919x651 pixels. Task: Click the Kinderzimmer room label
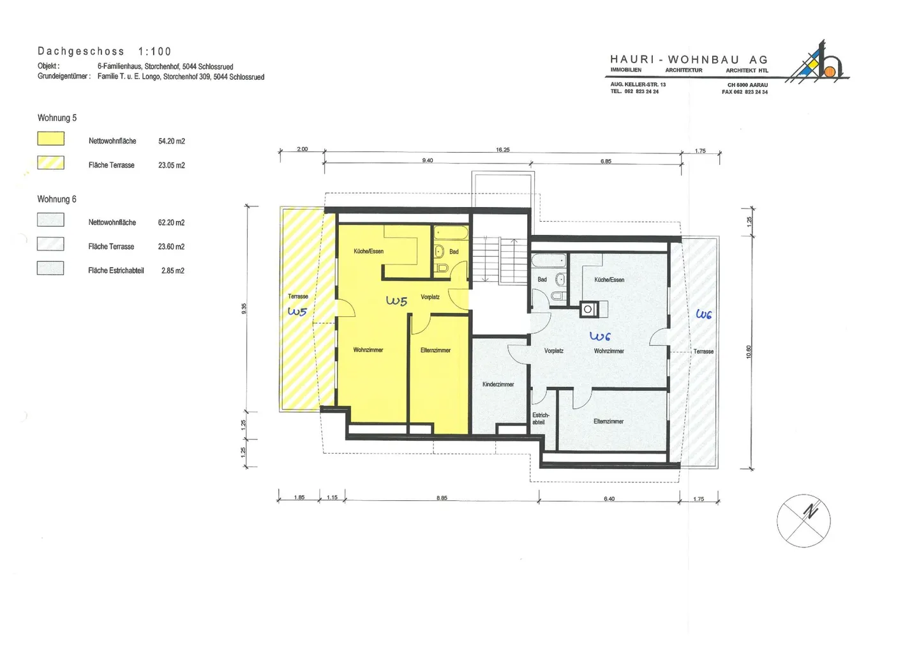click(x=498, y=385)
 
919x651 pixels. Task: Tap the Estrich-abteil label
click(x=541, y=418)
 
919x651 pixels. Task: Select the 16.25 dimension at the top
click(x=503, y=149)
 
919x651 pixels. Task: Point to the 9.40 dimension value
click(x=428, y=160)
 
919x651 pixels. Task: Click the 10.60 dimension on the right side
click(x=749, y=352)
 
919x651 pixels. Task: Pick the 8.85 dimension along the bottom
click(x=442, y=498)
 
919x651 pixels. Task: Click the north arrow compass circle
click(x=803, y=521)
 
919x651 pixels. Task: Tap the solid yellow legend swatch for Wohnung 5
click(x=51, y=139)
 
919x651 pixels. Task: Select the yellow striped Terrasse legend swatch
click(x=51, y=163)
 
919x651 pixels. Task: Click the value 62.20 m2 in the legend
click(x=171, y=222)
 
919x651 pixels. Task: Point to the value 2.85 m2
click(x=173, y=271)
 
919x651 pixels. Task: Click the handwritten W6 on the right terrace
click(x=703, y=314)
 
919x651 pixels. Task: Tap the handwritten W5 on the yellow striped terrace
click(x=297, y=311)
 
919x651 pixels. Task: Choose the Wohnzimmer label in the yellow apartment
click(x=368, y=350)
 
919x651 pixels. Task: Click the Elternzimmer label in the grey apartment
click(x=608, y=422)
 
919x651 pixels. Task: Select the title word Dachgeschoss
click(x=81, y=51)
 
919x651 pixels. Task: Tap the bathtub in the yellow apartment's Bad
click(x=451, y=233)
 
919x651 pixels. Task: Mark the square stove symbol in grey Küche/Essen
click(x=588, y=309)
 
